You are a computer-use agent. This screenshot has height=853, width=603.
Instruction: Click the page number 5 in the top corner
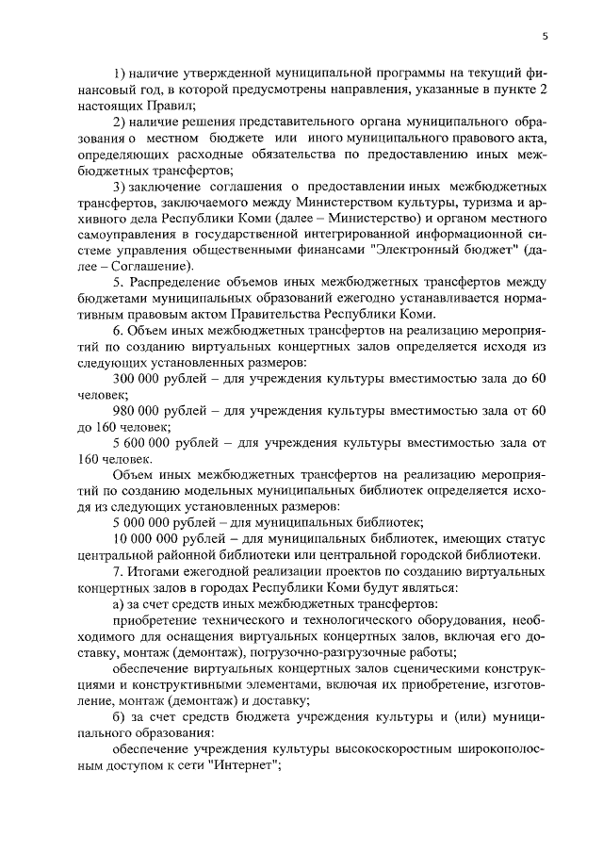coord(546,36)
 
